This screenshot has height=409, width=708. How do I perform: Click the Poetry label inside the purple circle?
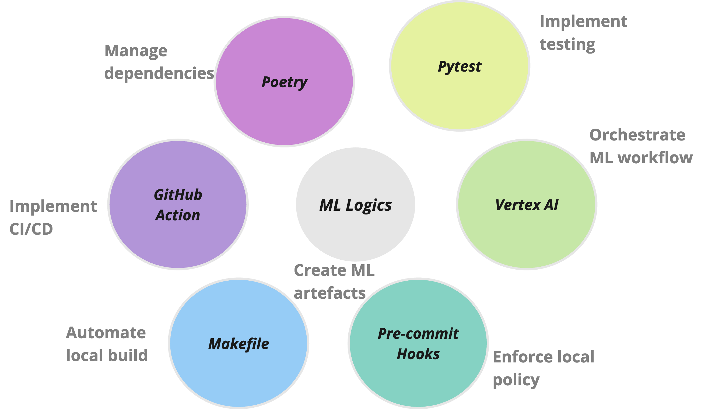tap(284, 82)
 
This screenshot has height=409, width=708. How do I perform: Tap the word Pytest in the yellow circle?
tap(459, 66)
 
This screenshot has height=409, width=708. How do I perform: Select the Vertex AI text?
tap(527, 205)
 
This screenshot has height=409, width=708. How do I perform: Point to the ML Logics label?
tap(355, 205)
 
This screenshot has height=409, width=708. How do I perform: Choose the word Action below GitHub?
tap(178, 215)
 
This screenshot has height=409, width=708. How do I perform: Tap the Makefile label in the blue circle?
tap(239, 344)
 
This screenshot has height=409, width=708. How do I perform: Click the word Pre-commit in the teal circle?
tap(418, 333)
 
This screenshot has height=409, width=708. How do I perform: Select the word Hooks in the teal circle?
tap(418, 354)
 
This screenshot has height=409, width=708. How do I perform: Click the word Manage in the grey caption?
tap(136, 51)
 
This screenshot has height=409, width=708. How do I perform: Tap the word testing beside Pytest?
tap(567, 44)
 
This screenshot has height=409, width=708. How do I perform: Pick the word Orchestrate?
tap(637, 135)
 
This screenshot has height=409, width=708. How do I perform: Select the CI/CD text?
tap(31, 229)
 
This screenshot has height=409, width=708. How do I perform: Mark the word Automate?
tap(106, 333)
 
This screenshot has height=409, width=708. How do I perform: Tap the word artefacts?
tap(330, 293)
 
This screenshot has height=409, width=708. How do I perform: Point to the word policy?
tap(516, 380)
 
